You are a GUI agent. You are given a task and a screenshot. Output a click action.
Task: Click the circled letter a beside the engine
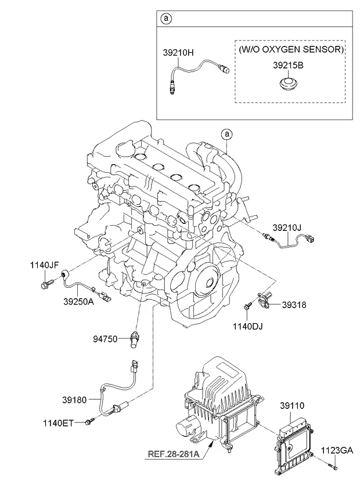228,135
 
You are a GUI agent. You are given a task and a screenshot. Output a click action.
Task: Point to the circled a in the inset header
167,19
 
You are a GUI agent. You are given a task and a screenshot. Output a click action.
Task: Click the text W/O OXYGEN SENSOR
291,50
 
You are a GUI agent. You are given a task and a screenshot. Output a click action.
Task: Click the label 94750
107,337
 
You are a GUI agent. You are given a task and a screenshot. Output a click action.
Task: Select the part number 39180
76,399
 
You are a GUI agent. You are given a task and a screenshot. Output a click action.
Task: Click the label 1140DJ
247,327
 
